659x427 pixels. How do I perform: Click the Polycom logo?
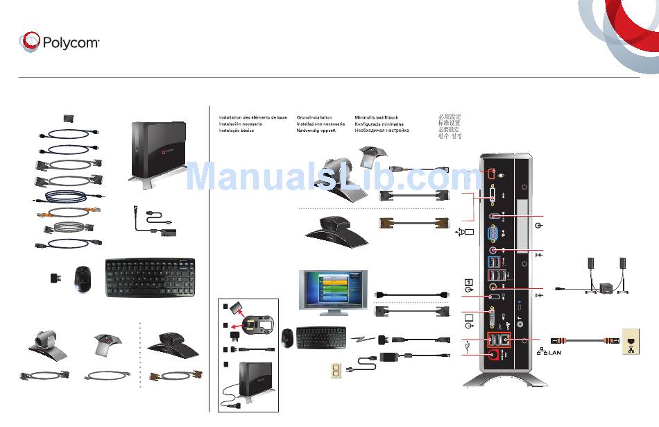pyautogui.click(x=60, y=42)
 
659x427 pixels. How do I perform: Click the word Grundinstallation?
pyautogui.click(x=314, y=118)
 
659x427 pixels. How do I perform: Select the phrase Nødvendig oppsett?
pyautogui.click(x=316, y=131)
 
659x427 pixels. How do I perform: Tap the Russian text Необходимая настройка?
pyautogui.click(x=382, y=131)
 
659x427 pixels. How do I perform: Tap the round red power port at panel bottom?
pyautogui.click(x=493, y=355)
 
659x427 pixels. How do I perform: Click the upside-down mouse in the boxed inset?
pyautogui.click(x=262, y=324)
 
